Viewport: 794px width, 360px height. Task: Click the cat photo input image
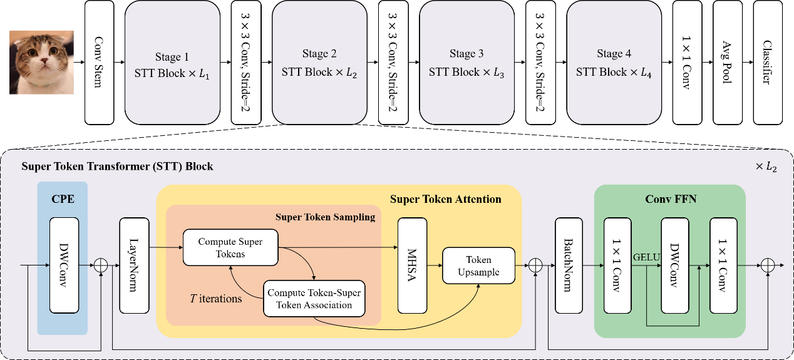point(41,62)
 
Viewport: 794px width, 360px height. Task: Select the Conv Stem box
point(99,62)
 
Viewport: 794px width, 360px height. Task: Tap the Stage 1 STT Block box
point(172,62)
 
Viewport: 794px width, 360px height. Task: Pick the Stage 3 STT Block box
point(467,62)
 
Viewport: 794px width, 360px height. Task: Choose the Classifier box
point(768,62)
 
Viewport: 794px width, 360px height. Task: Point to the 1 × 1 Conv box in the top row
point(687,62)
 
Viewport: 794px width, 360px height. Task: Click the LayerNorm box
point(134,265)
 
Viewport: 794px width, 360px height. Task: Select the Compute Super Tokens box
point(230,247)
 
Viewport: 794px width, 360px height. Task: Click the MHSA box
point(412,265)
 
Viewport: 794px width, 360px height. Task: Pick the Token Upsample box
point(478,265)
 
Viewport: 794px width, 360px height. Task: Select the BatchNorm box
point(569,265)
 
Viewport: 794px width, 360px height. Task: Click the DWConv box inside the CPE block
point(64,265)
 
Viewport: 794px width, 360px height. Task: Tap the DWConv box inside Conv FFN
point(674,265)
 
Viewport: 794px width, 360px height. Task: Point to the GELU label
point(646,257)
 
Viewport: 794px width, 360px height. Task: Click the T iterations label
point(216,299)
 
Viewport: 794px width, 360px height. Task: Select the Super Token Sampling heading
point(325,217)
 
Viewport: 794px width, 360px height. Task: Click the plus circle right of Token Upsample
point(535,265)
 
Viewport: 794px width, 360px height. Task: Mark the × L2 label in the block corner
point(767,167)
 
